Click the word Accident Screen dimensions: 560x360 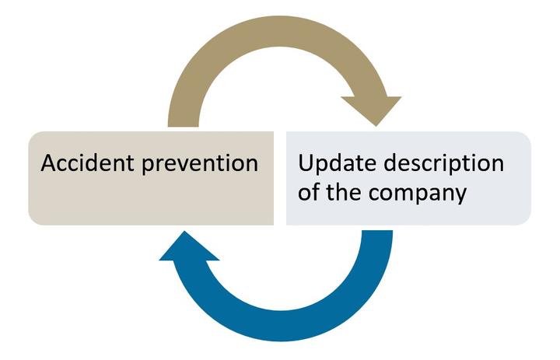87,163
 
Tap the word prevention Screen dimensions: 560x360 200,164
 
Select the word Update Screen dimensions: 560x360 337,163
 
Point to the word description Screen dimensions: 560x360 443,163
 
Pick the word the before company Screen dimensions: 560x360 344,192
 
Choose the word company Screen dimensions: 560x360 417,194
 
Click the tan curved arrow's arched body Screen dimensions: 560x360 280,31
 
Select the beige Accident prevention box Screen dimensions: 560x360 151,178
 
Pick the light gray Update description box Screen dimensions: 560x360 408,178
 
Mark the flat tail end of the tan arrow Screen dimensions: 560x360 183,127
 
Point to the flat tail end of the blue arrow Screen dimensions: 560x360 377,231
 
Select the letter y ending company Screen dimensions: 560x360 461,197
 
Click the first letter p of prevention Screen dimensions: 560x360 148,167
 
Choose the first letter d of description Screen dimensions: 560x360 390,163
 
